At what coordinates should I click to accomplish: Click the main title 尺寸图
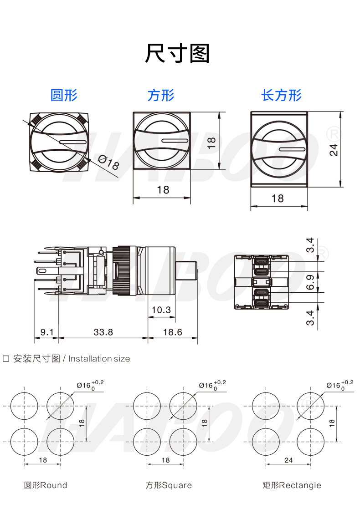click(177, 53)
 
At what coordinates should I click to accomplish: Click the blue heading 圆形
click(64, 95)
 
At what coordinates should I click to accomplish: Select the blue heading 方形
click(161, 95)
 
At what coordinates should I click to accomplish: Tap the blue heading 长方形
click(281, 95)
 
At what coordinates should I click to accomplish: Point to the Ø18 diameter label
click(108, 163)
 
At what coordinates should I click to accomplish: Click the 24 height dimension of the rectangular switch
click(334, 150)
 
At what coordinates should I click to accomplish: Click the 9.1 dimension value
click(46, 332)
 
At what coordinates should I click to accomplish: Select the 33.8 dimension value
click(103, 332)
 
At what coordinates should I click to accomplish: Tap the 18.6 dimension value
click(172, 332)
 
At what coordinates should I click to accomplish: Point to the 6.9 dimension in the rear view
click(310, 283)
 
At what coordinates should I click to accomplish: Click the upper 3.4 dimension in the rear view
click(310, 245)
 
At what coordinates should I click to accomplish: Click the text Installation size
click(99, 359)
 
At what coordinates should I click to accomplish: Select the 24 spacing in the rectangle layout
click(288, 460)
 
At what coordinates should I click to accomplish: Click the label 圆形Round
click(46, 485)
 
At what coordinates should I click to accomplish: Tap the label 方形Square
click(169, 485)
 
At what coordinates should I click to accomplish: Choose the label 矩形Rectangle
click(292, 485)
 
